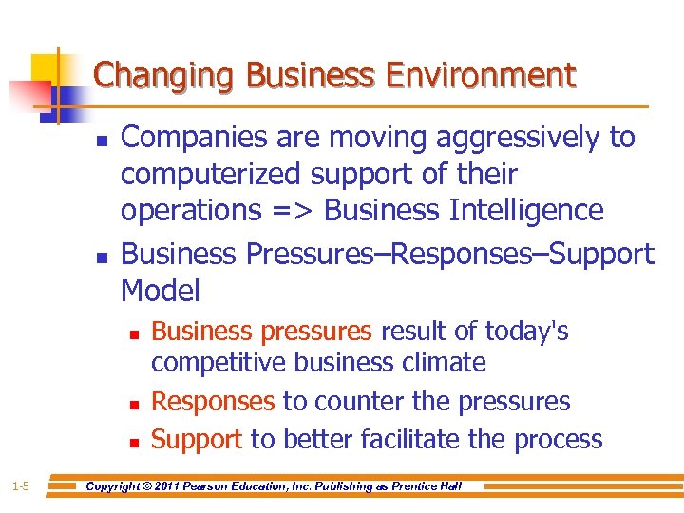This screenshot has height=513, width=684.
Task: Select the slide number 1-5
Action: coord(20,486)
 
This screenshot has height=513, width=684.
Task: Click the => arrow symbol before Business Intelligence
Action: coord(292,210)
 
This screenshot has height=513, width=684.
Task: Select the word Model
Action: coord(161,291)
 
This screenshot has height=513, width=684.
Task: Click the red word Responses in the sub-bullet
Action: coord(213,402)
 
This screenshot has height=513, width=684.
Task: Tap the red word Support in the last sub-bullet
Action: coord(197,440)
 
